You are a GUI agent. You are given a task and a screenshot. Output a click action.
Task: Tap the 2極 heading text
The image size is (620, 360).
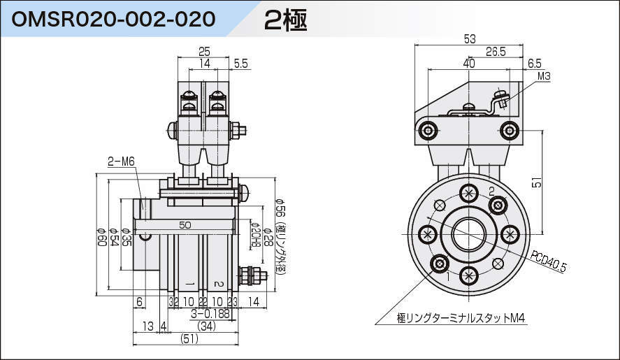tap(286, 20)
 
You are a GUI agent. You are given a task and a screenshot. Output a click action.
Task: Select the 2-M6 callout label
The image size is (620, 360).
tap(121, 161)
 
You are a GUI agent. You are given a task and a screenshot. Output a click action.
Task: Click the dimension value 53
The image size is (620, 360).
tap(470, 39)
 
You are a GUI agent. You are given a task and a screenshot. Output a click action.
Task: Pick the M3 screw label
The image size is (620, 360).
tap(545, 75)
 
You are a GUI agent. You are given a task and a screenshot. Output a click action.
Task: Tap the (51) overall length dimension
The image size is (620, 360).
tap(189, 338)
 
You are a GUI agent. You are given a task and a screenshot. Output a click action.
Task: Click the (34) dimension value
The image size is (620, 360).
tap(206, 326)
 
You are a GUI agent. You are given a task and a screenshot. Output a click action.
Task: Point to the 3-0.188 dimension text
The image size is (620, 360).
tap(210, 314)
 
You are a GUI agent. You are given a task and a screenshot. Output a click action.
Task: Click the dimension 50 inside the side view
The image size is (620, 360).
tap(185, 225)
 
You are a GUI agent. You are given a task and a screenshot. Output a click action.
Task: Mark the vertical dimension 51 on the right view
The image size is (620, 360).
tap(537, 182)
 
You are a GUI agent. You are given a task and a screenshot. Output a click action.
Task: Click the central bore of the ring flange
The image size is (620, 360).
tap(468, 234)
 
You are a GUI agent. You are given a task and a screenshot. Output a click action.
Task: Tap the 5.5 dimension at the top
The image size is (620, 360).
tap(241, 64)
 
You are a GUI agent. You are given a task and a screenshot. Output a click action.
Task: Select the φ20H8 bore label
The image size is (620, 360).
tap(256, 235)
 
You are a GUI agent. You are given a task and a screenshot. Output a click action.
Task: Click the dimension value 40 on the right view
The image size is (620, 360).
tap(468, 63)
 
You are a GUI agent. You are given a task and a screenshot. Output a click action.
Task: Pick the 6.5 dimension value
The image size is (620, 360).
tap(535, 63)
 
